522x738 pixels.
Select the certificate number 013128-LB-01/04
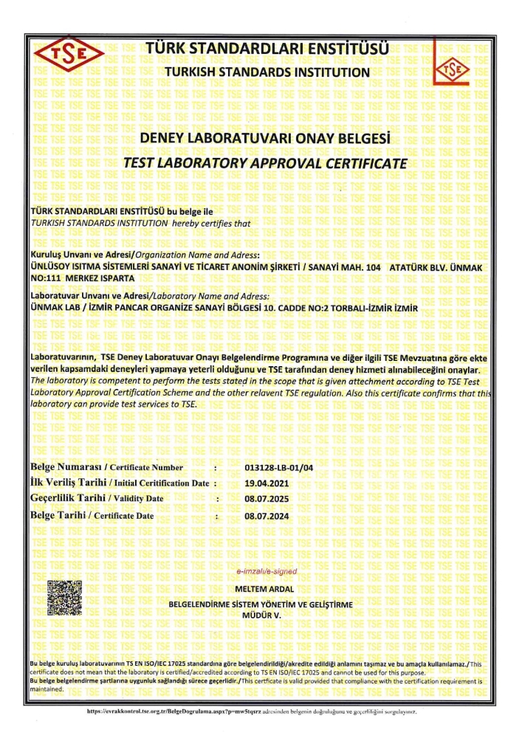point(278,468)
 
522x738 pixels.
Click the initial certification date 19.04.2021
point(267,483)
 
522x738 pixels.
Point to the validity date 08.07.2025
point(267,499)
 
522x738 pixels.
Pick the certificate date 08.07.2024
point(267,516)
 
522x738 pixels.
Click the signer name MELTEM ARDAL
point(264,589)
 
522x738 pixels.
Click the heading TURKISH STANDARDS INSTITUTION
point(267,72)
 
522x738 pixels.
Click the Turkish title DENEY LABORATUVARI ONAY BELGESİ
point(265,139)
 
